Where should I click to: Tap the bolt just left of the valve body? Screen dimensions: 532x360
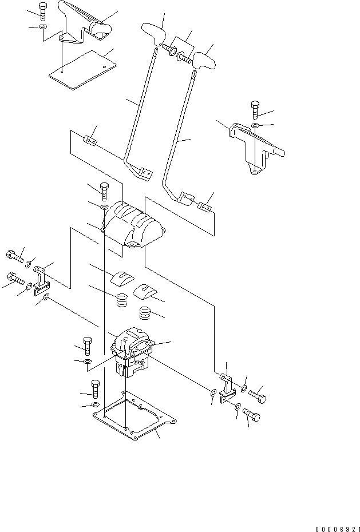pyautogui.click(x=86, y=344)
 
